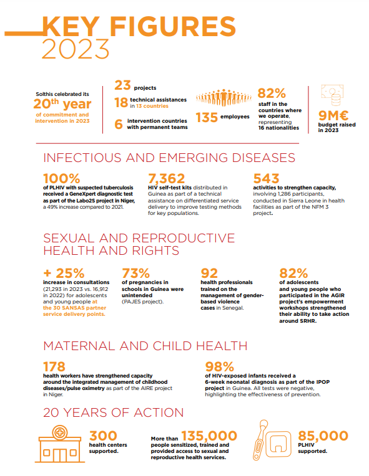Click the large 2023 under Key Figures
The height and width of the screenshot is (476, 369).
point(76,49)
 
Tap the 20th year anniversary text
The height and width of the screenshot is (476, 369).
point(62,104)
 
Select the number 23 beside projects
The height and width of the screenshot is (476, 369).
point(122,85)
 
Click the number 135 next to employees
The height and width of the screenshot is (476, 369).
point(207,118)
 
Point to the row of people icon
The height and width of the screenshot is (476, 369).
point(224,97)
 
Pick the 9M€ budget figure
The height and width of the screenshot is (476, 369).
point(333,116)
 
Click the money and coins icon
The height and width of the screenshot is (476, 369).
point(332,95)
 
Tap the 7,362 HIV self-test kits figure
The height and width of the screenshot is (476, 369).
point(167,178)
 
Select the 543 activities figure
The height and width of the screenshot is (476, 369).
point(266,178)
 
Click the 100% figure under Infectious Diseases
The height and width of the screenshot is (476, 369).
point(61,178)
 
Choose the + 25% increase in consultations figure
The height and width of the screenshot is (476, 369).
point(64,274)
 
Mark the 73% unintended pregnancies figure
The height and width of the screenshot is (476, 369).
point(135,274)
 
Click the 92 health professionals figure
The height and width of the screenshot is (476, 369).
point(209,274)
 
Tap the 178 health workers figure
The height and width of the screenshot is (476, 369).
point(54,367)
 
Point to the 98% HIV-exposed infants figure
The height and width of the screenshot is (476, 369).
point(219,367)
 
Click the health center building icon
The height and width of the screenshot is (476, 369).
point(60,444)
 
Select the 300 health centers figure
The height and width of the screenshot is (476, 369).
point(103,436)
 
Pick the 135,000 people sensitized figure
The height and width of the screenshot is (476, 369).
point(209,436)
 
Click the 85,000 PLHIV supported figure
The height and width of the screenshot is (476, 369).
point(323,436)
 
